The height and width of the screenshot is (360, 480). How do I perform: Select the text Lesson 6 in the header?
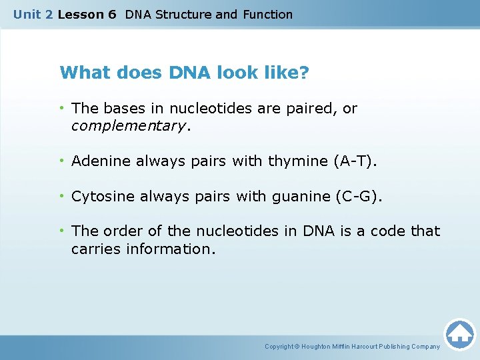pos(87,14)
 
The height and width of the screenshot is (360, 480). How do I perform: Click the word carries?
pos(94,249)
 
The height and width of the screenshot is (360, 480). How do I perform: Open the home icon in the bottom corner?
pos(459,334)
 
